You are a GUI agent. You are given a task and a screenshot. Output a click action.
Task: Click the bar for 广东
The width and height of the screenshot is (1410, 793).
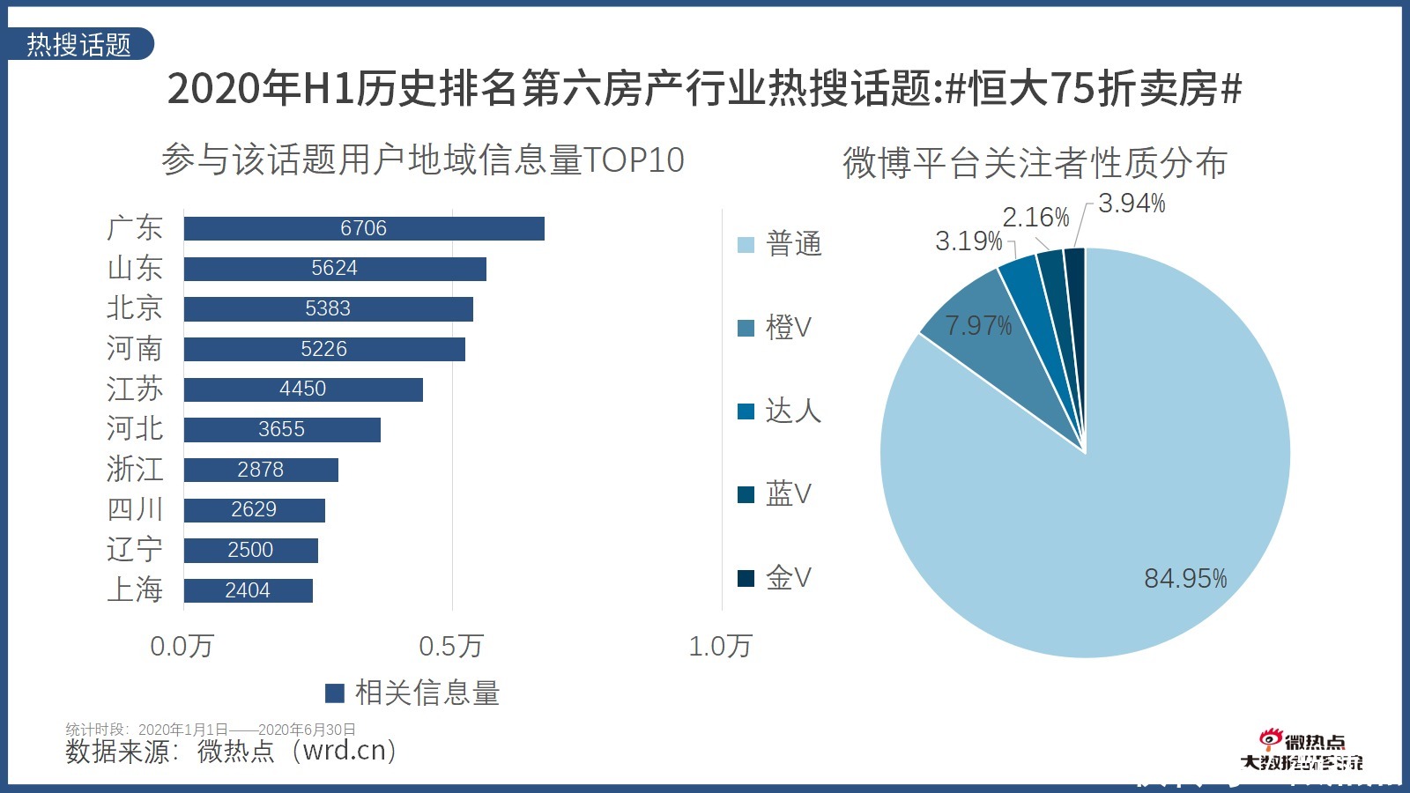[364, 228]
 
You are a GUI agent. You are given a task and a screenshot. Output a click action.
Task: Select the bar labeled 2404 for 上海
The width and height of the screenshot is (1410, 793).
[248, 590]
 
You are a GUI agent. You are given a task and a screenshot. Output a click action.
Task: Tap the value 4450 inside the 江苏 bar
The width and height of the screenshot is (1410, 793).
[302, 389]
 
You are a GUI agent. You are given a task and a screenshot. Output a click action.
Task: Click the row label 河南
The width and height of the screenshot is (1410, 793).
[135, 349]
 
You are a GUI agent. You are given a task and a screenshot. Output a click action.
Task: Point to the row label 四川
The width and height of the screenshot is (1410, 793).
[135, 509]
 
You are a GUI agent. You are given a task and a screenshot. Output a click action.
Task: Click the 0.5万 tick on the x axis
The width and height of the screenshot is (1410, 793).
[451, 646]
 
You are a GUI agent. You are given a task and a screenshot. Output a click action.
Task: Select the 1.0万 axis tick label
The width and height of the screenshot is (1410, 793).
[720, 646]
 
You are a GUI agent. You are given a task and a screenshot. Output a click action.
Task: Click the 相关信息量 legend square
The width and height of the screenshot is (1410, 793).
[335, 693]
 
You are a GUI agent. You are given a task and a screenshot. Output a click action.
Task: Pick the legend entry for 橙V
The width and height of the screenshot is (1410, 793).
[775, 328]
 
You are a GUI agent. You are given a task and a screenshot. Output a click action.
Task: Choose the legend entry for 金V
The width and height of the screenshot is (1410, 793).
[775, 578]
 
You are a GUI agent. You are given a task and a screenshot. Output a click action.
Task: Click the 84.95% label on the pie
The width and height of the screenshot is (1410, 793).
[1185, 579]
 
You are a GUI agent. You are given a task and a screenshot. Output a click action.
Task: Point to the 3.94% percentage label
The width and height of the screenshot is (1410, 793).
[1132, 204]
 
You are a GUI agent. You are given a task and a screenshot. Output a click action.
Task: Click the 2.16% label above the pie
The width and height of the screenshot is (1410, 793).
[1035, 217]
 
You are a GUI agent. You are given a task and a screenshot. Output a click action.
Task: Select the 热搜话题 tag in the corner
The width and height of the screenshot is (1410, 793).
[79, 44]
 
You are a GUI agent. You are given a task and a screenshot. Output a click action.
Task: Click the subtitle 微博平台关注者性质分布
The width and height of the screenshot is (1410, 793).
[1035, 163]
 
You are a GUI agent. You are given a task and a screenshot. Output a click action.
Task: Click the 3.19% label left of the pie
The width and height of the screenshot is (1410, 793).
[968, 241]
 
